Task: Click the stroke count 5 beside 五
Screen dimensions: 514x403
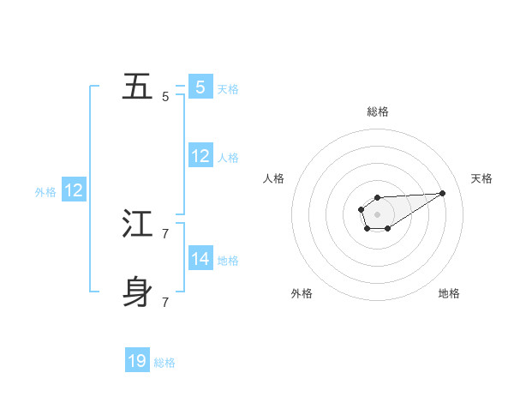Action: (165, 97)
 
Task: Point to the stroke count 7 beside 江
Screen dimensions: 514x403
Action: (165, 233)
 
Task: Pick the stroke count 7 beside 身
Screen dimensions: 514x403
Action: (165, 302)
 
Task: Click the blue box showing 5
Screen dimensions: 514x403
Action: (200, 87)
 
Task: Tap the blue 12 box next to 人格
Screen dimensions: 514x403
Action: (200, 156)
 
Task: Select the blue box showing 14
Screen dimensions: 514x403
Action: (200, 258)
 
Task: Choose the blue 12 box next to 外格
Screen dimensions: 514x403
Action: (74, 190)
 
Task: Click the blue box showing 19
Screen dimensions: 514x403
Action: (137, 361)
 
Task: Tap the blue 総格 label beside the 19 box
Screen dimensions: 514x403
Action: (164, 363)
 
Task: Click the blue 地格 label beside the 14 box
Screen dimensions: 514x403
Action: (228, 261)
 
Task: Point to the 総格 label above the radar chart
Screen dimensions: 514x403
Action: (378, 111)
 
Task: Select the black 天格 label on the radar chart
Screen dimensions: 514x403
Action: (482, 178)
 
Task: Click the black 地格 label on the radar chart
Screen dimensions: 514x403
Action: (449, 293)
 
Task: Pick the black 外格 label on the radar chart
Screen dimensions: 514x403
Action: (302, 293)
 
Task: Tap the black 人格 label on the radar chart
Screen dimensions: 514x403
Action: (274, 178)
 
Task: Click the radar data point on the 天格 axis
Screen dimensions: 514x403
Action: (443, 192)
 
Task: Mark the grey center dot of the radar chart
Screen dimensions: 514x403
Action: (378, 214)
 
